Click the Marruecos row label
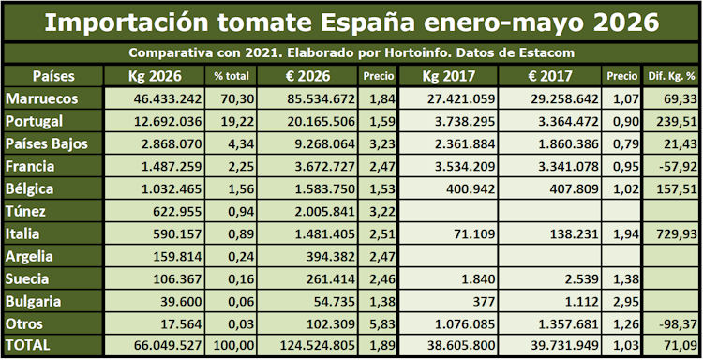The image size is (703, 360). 41,99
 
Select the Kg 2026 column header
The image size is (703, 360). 155,76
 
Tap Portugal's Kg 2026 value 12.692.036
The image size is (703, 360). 168,122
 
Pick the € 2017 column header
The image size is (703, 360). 549,76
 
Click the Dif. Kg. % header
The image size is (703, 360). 672,77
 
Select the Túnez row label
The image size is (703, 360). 25,211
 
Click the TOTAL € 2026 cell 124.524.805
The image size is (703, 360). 318,346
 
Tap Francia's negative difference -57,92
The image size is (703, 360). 680,166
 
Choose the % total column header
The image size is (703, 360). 232,77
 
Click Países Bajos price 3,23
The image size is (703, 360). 382,144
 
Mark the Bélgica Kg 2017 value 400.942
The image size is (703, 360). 471,188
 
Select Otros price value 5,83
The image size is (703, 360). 382,323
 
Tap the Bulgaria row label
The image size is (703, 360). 33,301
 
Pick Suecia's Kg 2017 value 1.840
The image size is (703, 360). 480,278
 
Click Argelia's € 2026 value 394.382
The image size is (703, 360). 331,257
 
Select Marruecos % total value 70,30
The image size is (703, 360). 238,99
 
